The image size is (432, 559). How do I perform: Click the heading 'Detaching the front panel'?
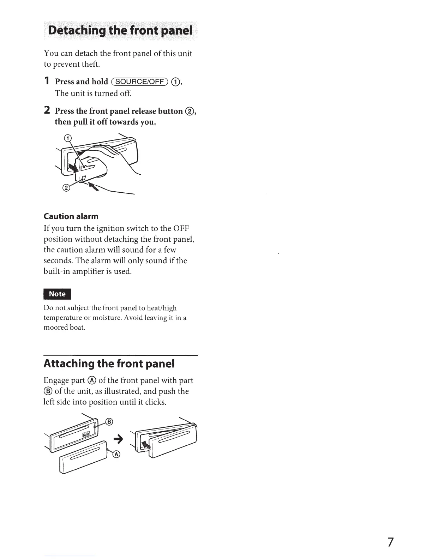[x=120, y=31]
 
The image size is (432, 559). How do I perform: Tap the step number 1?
[x=47, y=81]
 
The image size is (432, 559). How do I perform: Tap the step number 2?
[x=47, y=110]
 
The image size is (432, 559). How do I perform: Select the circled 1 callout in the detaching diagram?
[x=68, y=138]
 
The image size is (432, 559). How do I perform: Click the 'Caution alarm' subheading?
[x=71, y=216]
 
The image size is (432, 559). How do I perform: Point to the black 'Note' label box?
[x=57, y=294]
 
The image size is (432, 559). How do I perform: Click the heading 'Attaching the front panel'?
[x=109, y=363]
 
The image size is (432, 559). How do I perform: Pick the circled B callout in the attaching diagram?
[x=109, y=422]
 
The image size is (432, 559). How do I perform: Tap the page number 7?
[x=390, y=542]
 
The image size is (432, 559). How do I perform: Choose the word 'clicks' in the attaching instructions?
[x=155, y=402]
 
